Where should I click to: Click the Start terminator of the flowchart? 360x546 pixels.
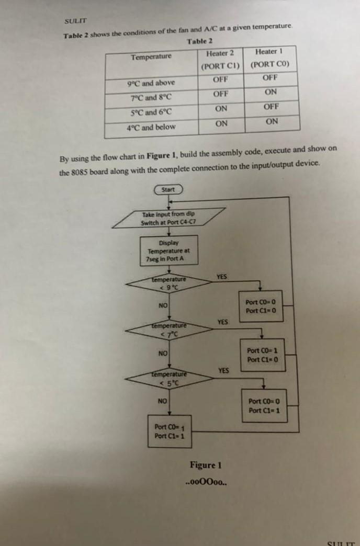[168, 189]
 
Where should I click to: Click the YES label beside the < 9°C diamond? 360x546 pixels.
[221, 277]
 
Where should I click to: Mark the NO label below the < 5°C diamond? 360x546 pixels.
[163, 401]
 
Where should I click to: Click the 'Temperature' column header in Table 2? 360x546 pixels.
[151, 56]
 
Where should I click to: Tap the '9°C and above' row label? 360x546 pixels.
[151, 83]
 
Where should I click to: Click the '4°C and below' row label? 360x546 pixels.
[151, 127]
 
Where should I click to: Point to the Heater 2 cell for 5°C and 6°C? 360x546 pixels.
[221, 109]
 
